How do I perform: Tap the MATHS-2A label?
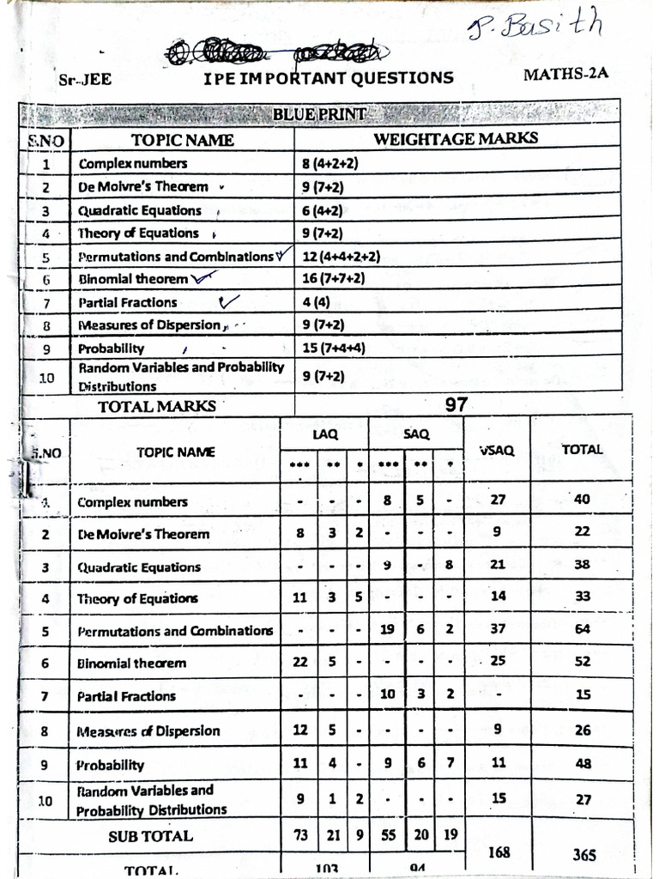[565, 73]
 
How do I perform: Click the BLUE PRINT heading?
[320, 114]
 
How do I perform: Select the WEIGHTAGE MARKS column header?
[456, 138]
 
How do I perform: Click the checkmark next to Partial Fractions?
[228, 301]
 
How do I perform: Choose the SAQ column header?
[416, 434]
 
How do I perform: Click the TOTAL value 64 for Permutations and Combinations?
[583, 629]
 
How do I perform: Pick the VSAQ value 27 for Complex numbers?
[498, 500]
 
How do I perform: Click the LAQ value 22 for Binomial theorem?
[299, 662]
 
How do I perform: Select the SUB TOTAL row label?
[151, 835]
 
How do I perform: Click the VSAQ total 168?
[498, 852]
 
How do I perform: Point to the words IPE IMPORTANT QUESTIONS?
[329, 78]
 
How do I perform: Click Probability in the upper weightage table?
[112, 349]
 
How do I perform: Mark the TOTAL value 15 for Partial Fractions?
[583, 694]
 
